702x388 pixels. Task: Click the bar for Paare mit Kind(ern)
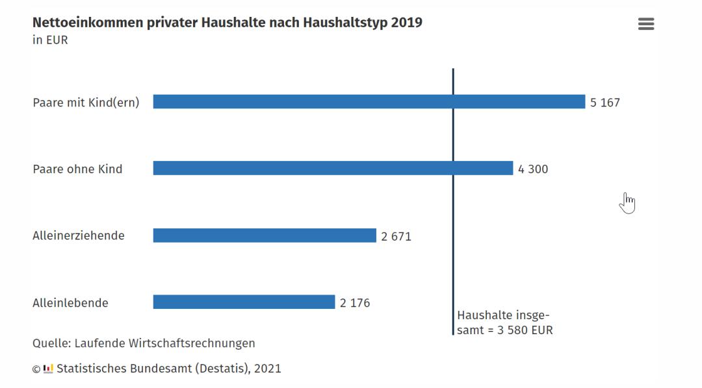(x=369, y=102)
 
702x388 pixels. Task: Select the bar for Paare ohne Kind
(x=333, y=169)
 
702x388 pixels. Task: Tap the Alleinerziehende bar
(x=265, y=236)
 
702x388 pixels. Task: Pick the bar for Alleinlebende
(x=244, y=302)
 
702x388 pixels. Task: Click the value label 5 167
(x=604, y=103)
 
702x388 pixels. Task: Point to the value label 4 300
(x=532, y=169)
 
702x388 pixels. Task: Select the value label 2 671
(x=396, y=236)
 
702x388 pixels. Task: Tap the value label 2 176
(x=354, y=303)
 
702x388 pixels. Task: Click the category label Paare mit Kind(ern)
(x=86, y=103)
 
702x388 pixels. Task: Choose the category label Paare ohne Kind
(x=77, y=169)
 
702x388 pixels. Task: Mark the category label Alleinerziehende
(x=78, y=236)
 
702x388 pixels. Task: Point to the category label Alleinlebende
(x=70, y=303)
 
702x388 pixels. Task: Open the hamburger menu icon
(x=645, y=24)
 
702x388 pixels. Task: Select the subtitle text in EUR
(x=50, y=40)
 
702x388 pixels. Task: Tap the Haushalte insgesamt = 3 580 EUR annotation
(x=504, y=322)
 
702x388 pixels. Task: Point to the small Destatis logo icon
(x=48, y=369)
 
